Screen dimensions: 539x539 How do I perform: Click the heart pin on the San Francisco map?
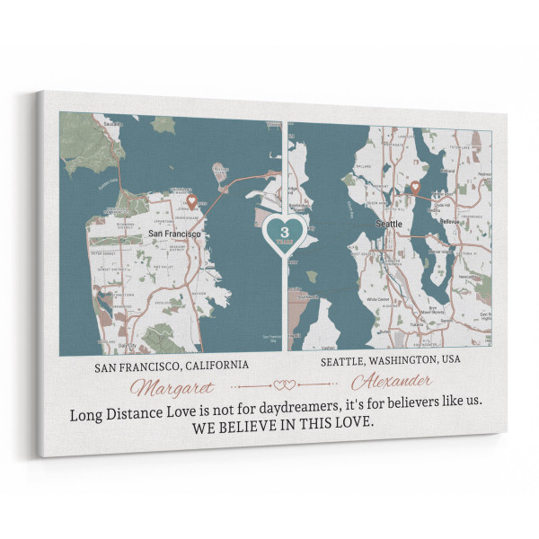190,201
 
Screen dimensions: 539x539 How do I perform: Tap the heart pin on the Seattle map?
415,187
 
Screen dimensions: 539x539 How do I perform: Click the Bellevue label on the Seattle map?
448,220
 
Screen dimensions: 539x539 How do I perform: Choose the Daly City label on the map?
128,344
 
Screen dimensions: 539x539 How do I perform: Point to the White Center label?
376,298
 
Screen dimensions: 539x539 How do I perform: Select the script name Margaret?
173,387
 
